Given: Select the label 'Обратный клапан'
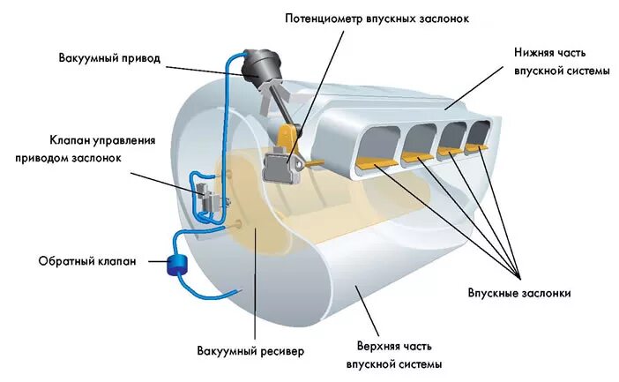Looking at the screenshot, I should tap(86, 261).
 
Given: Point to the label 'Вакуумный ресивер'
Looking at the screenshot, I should tap(250, 351).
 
